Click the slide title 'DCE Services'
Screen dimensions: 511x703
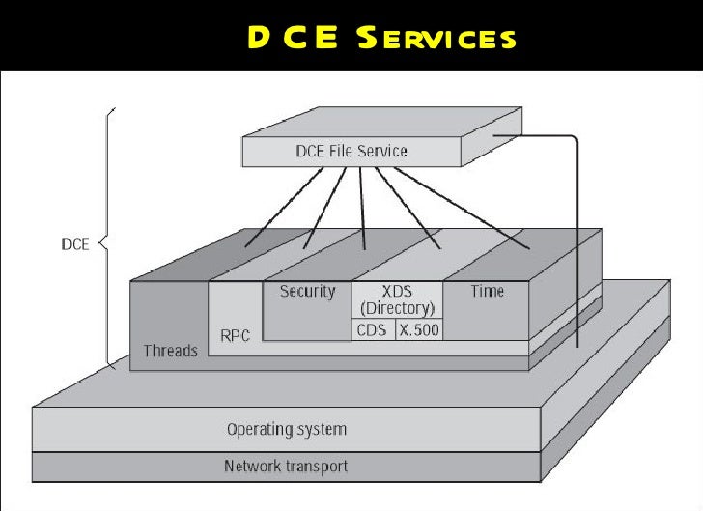coord(380,38)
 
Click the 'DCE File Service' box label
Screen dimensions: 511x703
coord(351,151)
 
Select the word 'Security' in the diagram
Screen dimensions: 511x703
coord(307,291)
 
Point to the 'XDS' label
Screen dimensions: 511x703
coord(396,291)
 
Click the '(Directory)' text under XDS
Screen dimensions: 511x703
coord(396,308)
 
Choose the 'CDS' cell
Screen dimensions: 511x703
coord(372,329)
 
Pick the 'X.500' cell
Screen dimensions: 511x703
coord(419,329)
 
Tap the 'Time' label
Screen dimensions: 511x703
coord(487,291)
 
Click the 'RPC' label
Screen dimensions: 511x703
coord(236,336)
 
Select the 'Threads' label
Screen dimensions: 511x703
coord(170,351)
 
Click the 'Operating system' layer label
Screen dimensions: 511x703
coord(286,429)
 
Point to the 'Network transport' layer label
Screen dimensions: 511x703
coord(286,467)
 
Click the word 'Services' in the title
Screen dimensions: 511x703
coord(436,39)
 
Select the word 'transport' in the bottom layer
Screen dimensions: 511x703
coord(316,467)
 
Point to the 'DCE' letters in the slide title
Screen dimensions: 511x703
coord(290,38)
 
